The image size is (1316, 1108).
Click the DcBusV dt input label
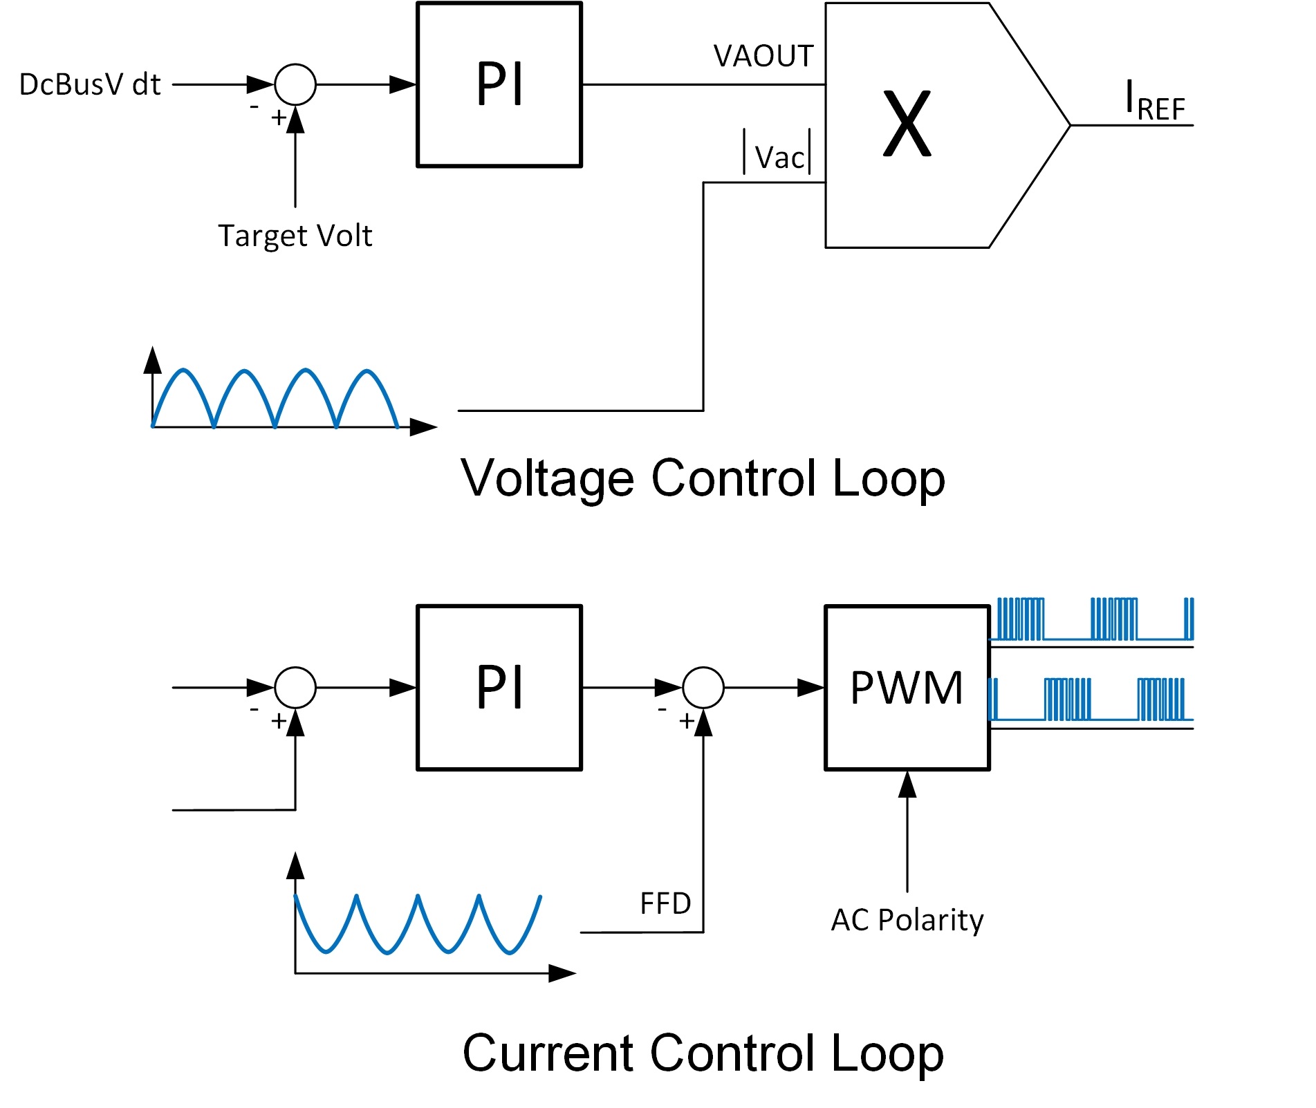90,84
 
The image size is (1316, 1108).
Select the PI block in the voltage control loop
499,84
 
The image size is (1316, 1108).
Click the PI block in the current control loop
499,687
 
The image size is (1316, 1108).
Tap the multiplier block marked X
908,125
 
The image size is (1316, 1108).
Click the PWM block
907,687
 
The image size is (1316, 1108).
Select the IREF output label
1155,102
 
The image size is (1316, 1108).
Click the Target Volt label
295,236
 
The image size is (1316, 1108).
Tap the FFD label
665,903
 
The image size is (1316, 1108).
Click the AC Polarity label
907,920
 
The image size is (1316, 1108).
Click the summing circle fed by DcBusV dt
295,84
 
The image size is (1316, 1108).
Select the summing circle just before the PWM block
703,687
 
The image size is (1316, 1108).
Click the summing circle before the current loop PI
295,687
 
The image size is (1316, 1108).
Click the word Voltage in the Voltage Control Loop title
547,478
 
